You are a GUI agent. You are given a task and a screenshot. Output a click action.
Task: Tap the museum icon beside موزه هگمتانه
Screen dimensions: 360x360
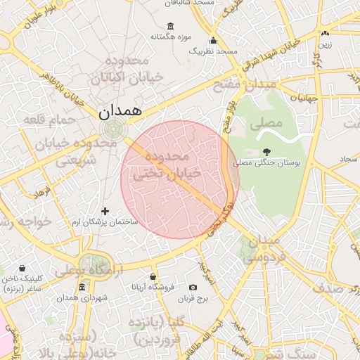[154, 36]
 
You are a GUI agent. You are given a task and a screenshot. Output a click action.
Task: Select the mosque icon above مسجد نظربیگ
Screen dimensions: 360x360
[213, 41]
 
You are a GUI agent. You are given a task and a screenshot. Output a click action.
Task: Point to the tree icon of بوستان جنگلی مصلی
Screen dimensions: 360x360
[266, 151]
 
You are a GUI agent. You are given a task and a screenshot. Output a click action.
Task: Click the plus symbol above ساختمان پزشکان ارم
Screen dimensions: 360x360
[105, 211]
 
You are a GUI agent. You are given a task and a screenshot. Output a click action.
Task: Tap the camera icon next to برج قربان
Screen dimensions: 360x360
[193, 287]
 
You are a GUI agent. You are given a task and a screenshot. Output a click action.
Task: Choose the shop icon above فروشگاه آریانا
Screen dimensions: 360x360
[153, 276]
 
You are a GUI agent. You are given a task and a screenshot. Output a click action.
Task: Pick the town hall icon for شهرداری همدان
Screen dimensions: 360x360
[82, 288]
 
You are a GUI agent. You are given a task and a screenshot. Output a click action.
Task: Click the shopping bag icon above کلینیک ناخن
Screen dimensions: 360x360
[22, 268]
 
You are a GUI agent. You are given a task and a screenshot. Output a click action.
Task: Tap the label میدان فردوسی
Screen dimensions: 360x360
[262, 249]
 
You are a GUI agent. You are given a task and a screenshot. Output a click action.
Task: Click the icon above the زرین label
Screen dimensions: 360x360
[324, 33]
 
